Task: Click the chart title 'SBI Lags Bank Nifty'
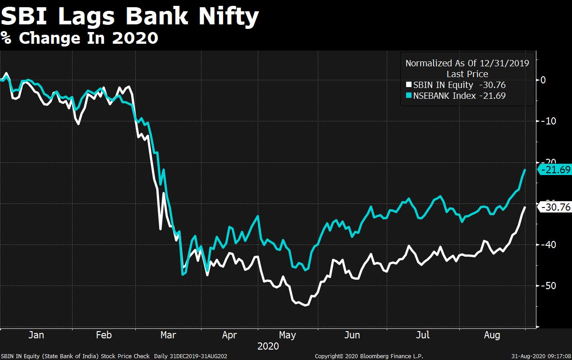click(130, 17)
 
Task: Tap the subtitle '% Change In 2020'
click(79, 38)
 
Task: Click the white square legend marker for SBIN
click(409, 85)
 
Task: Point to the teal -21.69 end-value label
click(555, 170)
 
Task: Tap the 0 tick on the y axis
click(543, 80)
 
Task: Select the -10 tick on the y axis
click(546, 121)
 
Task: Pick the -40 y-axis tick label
click(546, 245)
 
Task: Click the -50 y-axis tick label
click(546, 286)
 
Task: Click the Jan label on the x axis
click(36, 335)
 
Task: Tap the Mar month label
click(168, 335)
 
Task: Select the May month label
click(288, 335)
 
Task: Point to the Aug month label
click(492, 335)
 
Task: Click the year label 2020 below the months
click(268, 346)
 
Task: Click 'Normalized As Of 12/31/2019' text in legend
click(467, 63)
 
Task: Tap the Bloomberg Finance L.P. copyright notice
click(369, 356)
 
